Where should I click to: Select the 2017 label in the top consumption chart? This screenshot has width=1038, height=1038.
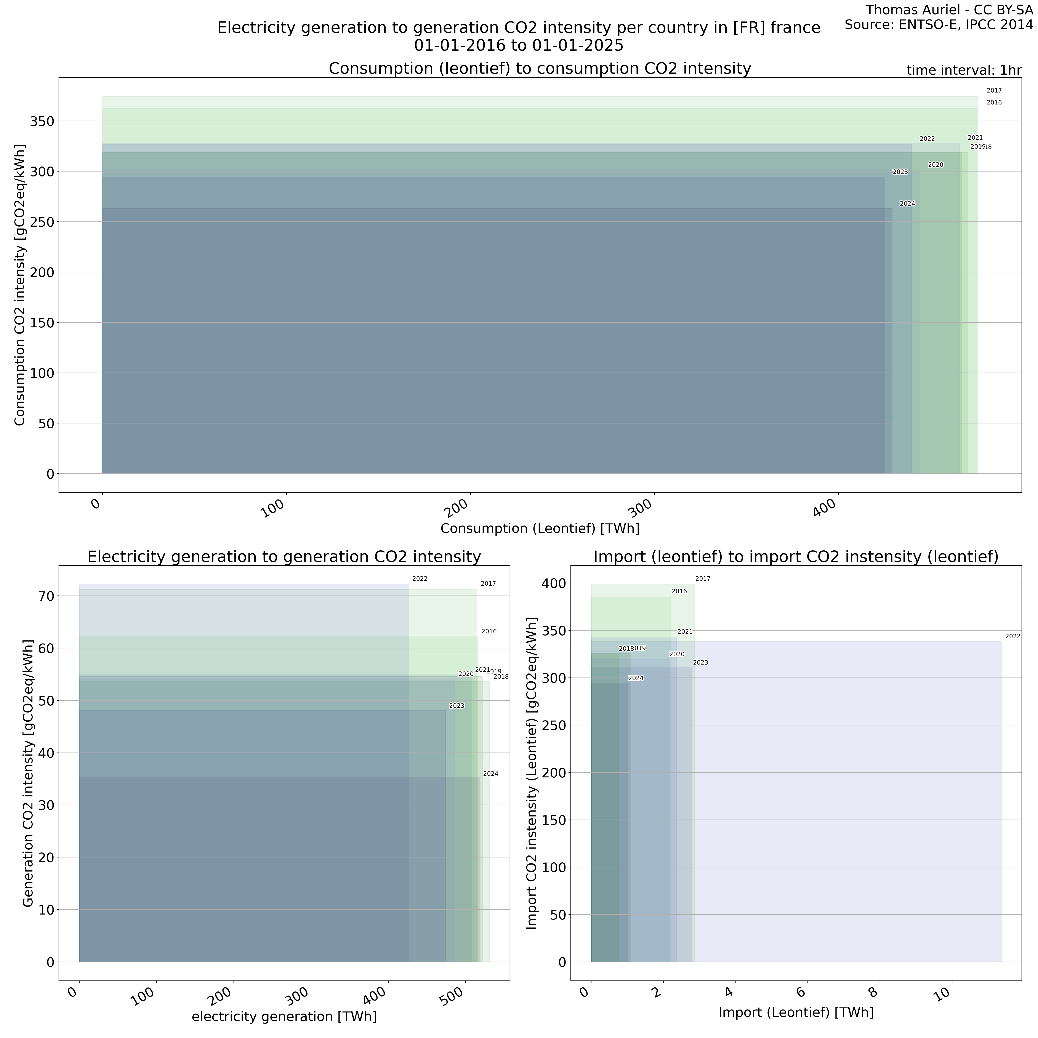click(994, 91)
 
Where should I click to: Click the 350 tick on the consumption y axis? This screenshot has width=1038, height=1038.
click(42, 121)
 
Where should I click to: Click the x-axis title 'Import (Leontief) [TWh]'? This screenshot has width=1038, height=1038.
click(796, 1012)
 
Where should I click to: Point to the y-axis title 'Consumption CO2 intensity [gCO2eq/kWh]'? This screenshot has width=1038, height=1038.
click(20, 285)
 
